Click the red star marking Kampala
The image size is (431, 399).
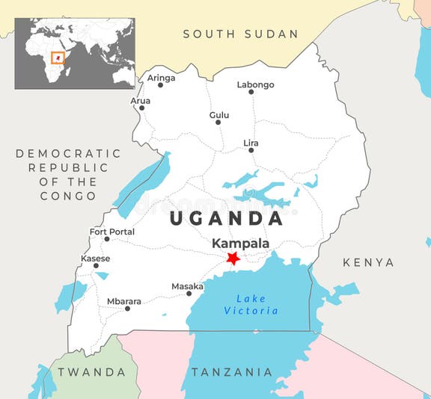(x=233, y=258)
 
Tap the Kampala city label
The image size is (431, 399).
(x=240, y=244)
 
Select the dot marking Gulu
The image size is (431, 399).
(x=218, y=123)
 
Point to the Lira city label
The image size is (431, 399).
(x=251, y=143)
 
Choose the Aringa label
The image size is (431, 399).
(x=161, y=78)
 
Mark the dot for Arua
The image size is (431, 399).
(x=141, y=108)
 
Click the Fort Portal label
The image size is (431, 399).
(x=112, y=232)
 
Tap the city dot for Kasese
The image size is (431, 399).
(x=96, y=266)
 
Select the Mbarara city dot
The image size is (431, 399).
(x=127, y=309)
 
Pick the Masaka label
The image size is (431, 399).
(x=187, y=286)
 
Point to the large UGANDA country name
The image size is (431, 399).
(x=226, y=218)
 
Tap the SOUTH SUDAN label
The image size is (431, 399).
(x=240, y=34)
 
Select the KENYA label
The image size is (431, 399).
(x=368, y=262)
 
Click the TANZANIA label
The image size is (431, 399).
(x=232, y=371)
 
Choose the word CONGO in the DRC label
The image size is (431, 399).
(x=69, y=196)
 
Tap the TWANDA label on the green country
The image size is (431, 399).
(x=92, y=371)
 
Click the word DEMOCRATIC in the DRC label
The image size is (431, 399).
(x=68, y=153)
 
